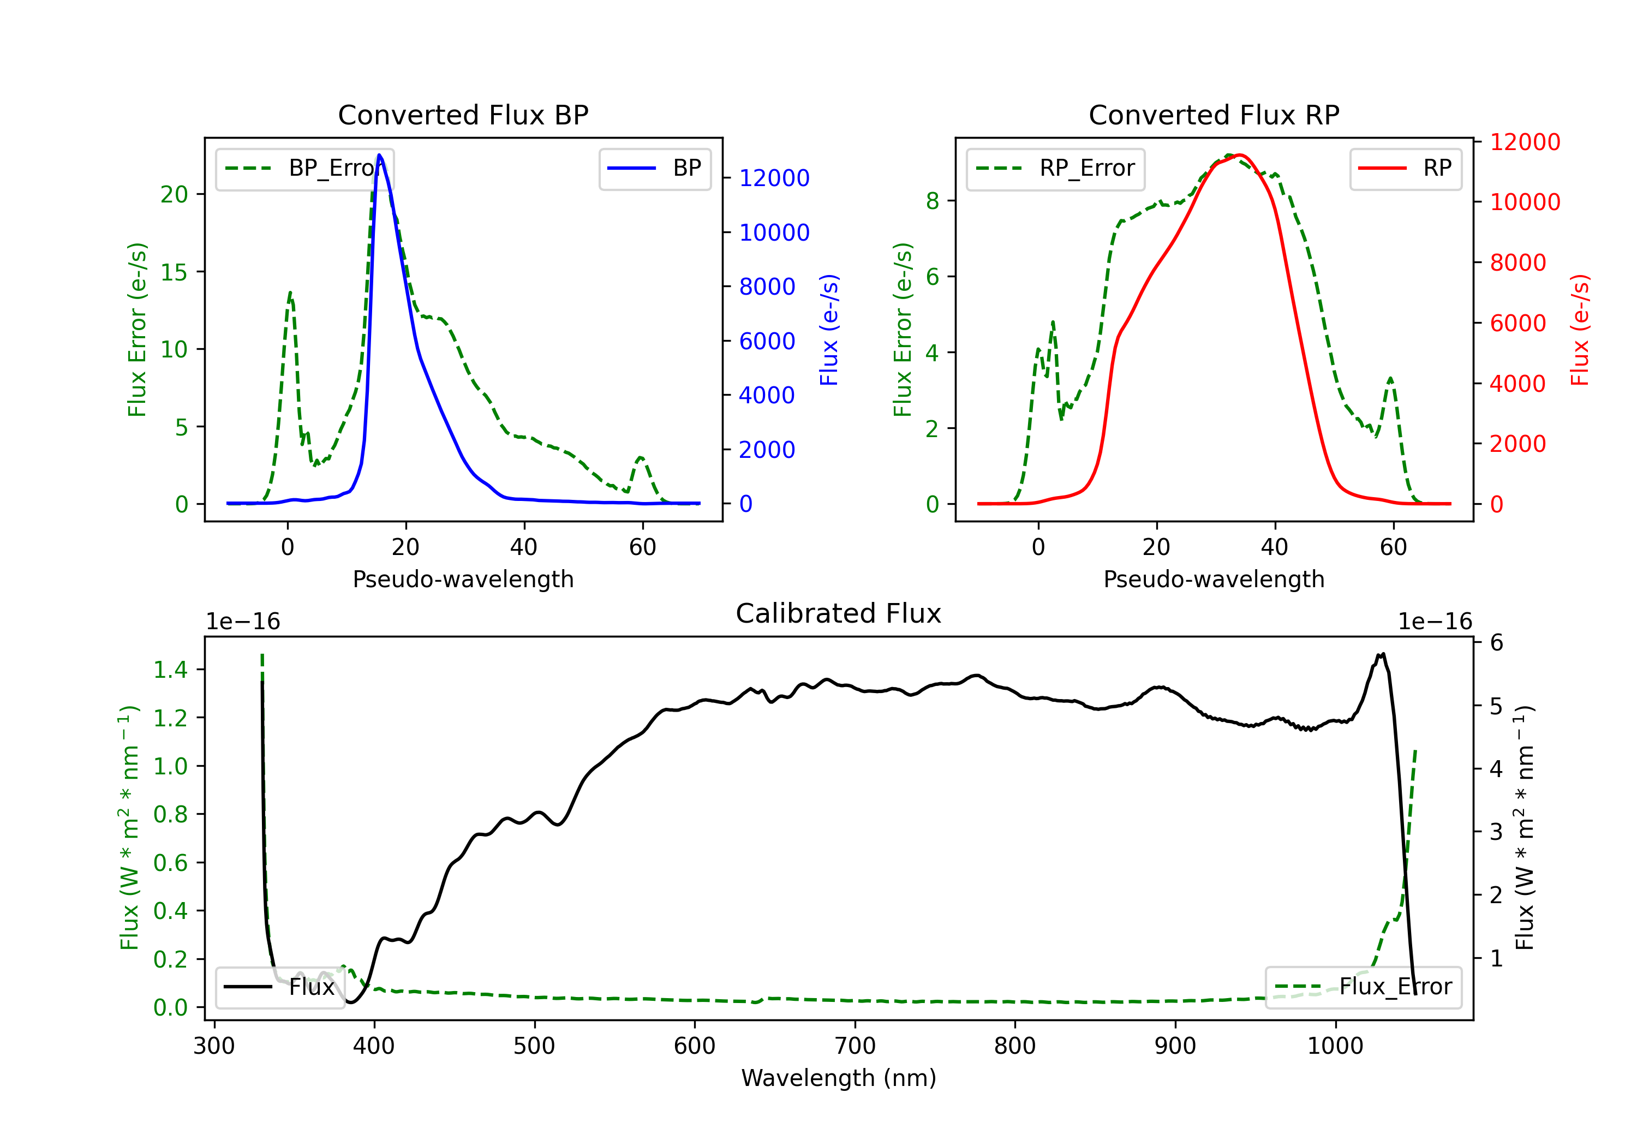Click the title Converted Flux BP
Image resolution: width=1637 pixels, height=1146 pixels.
coord(463,115)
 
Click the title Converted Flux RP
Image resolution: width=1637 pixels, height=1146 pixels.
coord(1214,115)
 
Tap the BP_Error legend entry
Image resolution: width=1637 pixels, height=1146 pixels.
coord(304,168)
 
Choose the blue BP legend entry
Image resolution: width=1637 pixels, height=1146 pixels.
coord(654,168)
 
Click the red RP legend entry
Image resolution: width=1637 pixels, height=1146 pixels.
coord(1405,168)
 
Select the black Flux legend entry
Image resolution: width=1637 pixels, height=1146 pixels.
coord(279,987)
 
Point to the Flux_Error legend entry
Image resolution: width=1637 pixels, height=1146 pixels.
coord(1363,987)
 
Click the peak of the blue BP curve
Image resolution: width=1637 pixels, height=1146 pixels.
coord(379,155)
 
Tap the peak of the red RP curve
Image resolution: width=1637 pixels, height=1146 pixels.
coord(1240,155)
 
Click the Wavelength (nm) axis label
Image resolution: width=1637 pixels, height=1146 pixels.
coord(839,1078)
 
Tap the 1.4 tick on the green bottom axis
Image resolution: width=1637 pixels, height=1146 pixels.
coord(170,670)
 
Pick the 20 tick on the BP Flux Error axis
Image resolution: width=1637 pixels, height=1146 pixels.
coord(174,195)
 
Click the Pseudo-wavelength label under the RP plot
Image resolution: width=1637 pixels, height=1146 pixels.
coord(1214,579)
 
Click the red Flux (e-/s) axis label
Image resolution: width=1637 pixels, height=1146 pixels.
coord(1580,330)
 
